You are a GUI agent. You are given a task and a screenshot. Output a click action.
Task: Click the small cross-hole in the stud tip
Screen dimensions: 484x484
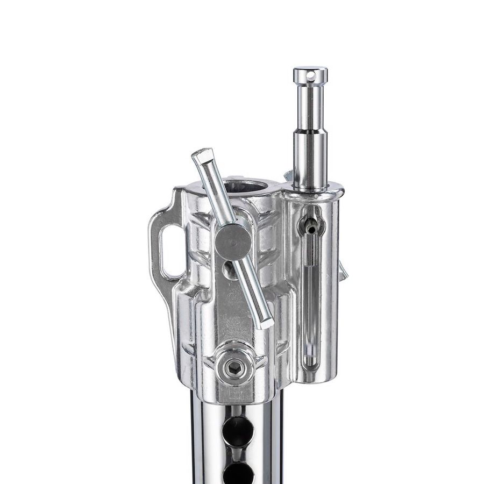(x=310, y=77)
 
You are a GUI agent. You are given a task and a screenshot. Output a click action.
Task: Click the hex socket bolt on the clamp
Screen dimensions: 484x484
(x=234, y=368)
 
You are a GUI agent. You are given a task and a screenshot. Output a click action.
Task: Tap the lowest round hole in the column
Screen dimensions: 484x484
(x=238, y=473)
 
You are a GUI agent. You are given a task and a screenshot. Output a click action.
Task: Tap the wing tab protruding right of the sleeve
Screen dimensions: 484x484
(x=343, y=272)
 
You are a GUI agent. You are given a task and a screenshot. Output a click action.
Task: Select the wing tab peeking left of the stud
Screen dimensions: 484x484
(x=288, y=175)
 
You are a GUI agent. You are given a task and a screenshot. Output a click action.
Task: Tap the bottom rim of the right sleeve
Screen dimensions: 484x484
(x=312, y=379)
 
